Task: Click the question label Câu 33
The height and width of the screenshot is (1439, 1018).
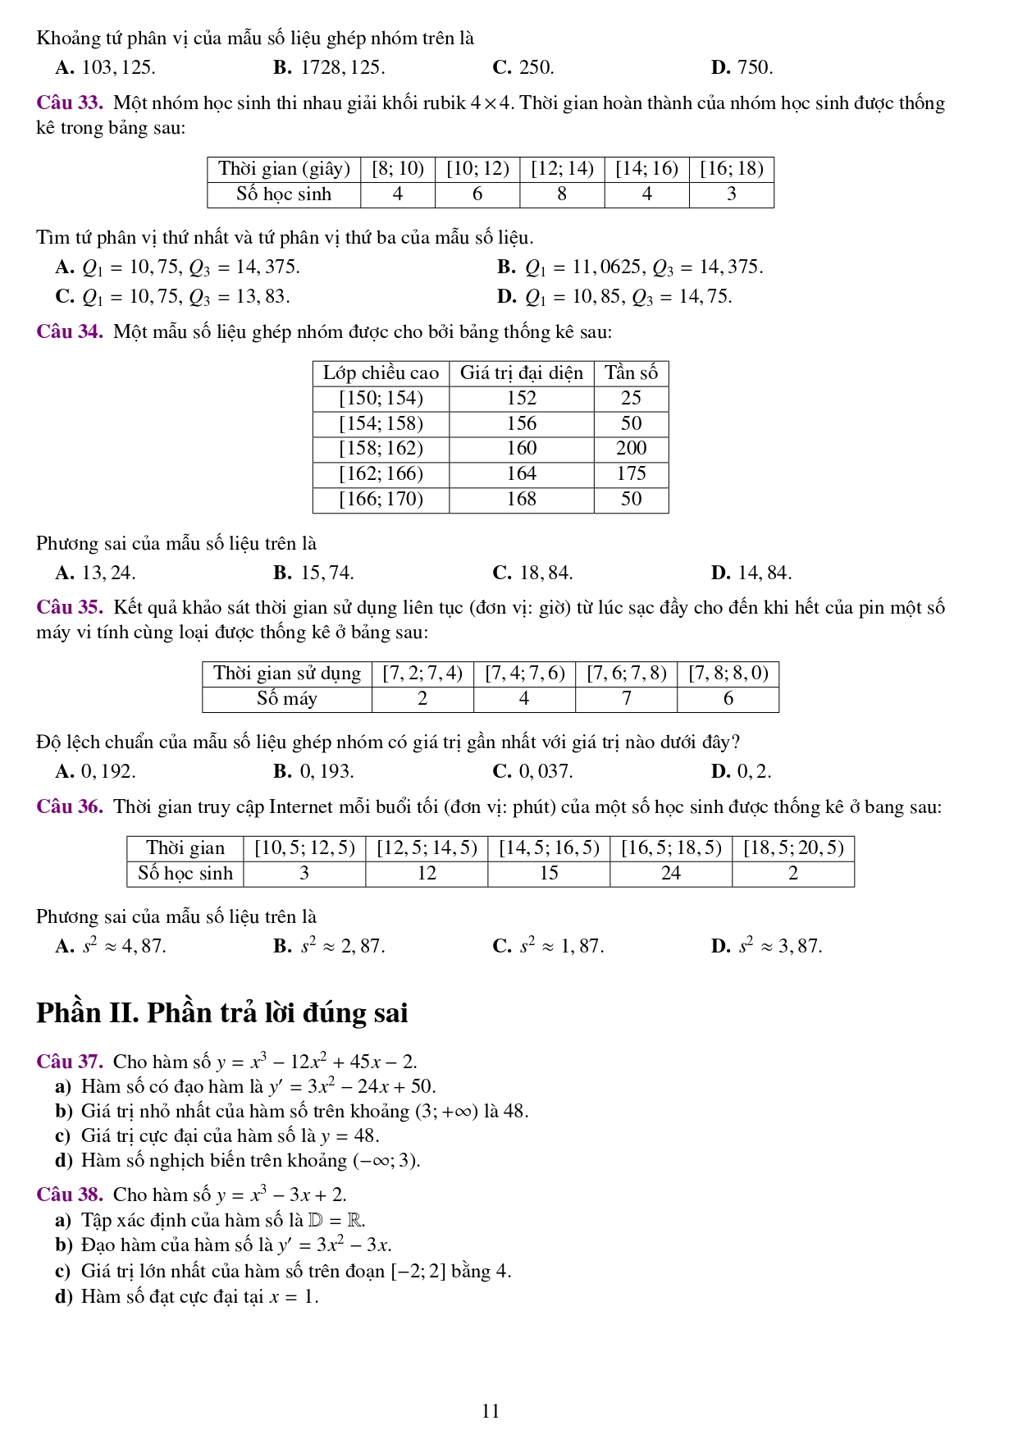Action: pos(69,103)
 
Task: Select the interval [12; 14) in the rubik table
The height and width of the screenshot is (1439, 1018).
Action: pos(562,169)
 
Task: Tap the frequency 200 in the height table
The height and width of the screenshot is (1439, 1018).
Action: pos(631,448)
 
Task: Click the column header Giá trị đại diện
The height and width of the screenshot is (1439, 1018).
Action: pos(521,373)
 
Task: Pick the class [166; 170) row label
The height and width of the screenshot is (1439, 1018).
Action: pos(381,499)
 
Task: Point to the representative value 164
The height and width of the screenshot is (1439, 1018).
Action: pos(521,473)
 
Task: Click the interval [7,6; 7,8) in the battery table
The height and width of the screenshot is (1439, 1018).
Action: pos(626,674)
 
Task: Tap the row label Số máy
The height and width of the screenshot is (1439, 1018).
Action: pos(286,699)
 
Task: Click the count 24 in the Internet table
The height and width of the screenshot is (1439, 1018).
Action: pos(670,874)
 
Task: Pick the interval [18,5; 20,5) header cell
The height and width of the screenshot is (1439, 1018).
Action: pos(792,848)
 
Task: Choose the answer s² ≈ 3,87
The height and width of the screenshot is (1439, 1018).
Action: pos(779,947)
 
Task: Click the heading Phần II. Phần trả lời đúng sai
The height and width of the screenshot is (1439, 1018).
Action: pos(221,1013)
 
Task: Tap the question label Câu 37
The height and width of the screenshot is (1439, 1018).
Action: pos(69,1062)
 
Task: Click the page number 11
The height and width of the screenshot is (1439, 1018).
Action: pos(491,1411)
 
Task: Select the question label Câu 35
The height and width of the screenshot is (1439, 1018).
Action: pos(69,608)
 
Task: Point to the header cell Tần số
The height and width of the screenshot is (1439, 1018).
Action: pos(631,373)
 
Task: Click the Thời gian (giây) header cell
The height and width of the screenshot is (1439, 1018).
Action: pos(284,169)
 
